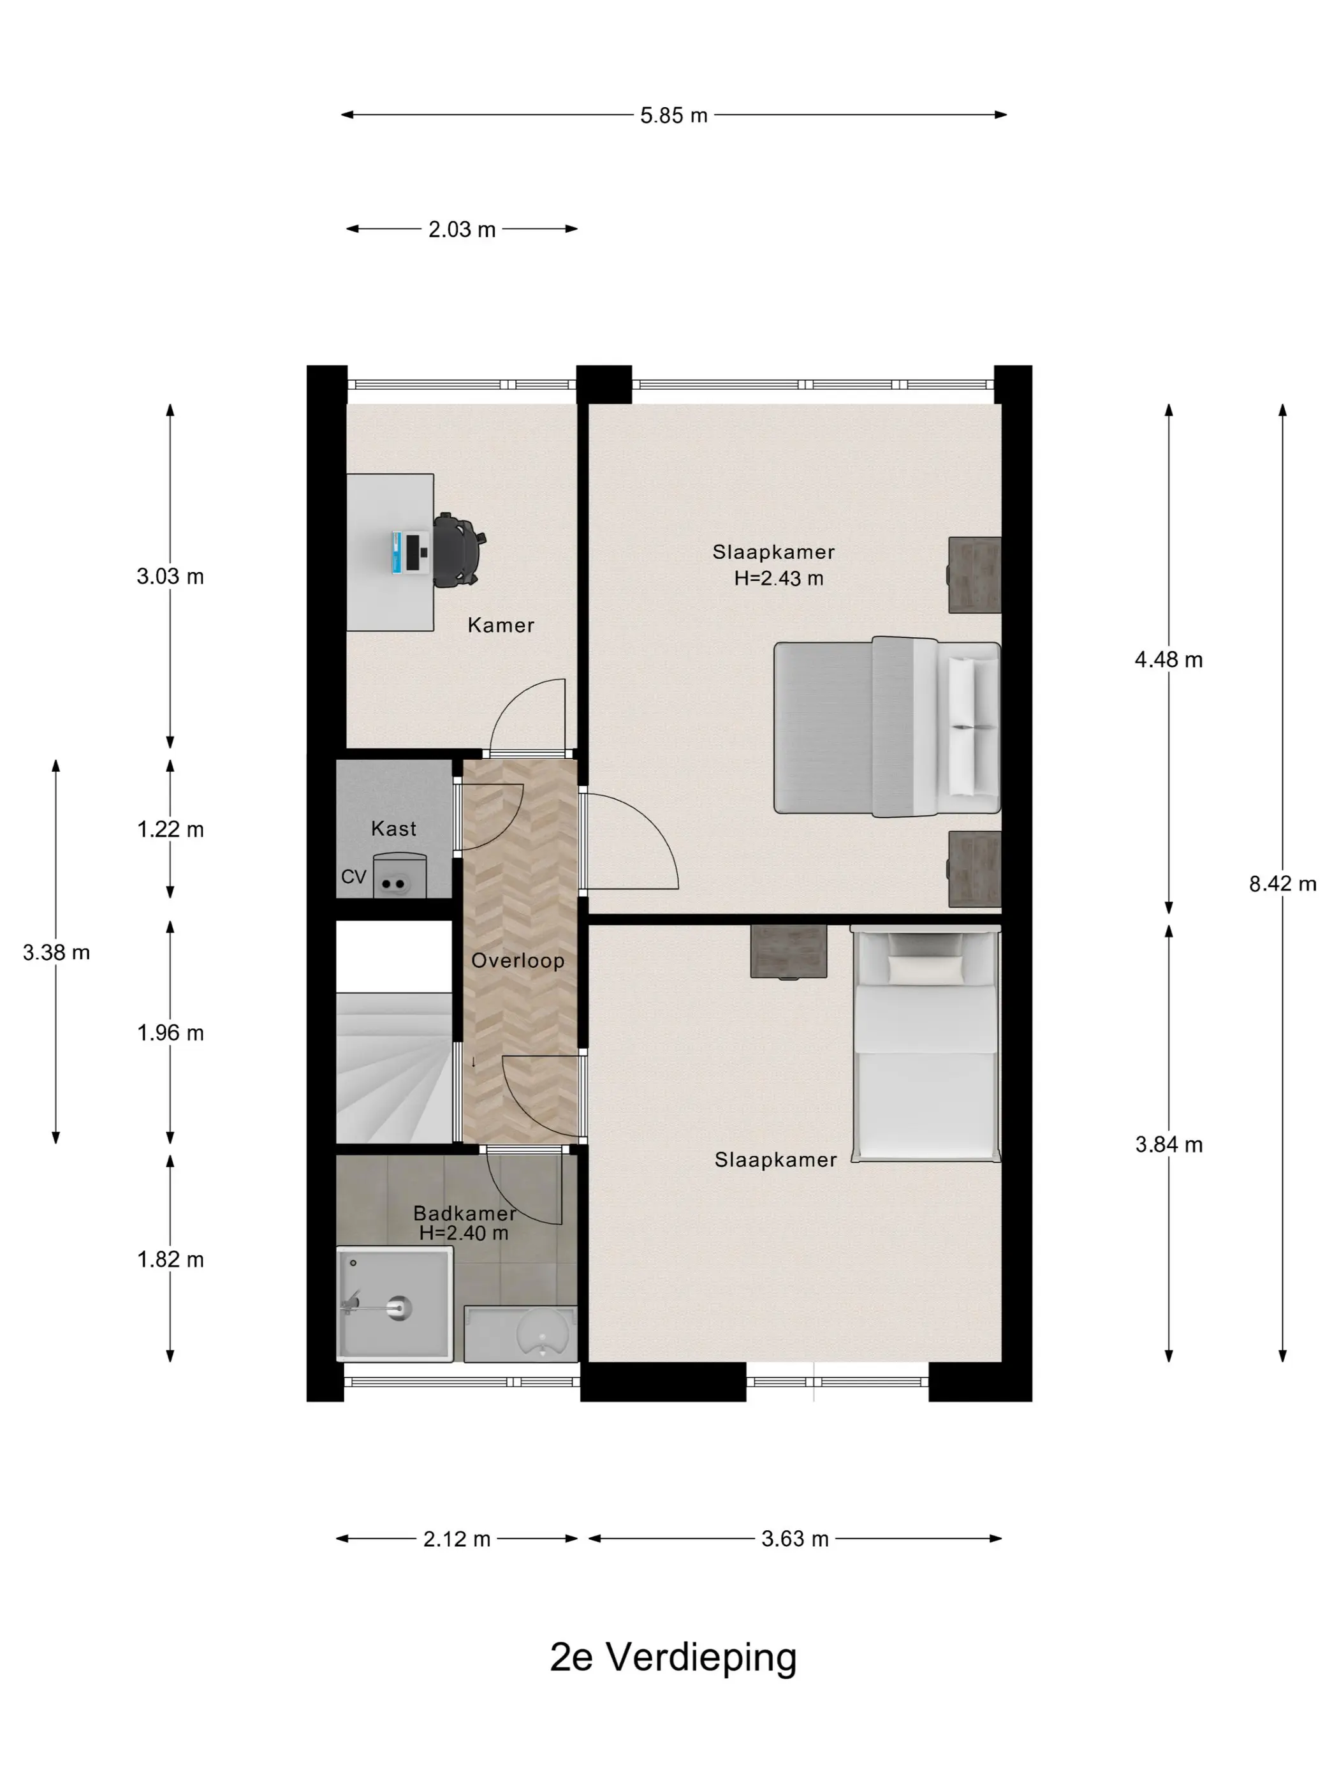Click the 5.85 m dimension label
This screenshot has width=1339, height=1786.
[x=673, y=115]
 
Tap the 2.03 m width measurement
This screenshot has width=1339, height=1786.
[x=462, y=229]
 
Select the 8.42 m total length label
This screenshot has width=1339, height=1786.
[x=1282, y=883]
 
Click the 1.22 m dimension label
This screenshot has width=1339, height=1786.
[x=170, y=829]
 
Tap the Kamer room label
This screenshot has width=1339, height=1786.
[x=501, y=625]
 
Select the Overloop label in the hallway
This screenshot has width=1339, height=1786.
[x=517, y=960]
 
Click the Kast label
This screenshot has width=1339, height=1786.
[x=394, y=829]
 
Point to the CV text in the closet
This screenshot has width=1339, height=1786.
[x=353, y=877]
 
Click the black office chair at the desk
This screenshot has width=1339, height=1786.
[x=459, y=550]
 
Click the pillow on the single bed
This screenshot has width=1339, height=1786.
[x=926, y=969]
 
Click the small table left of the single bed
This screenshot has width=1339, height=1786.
[x=789, y=952]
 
